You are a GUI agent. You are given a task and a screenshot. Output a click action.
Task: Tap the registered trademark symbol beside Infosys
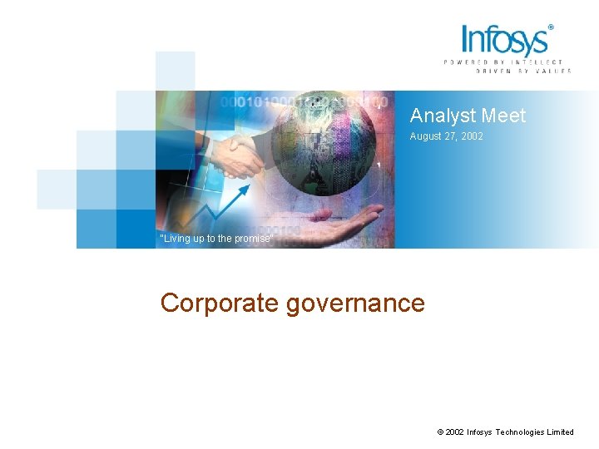point(551,27)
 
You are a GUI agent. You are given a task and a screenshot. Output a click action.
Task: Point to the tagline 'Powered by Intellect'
point(502,62)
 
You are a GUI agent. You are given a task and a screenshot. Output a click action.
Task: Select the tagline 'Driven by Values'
point(523,72)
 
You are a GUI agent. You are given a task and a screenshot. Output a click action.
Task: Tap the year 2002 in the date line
point(472,136)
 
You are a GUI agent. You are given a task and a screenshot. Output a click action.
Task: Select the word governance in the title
point(355,303)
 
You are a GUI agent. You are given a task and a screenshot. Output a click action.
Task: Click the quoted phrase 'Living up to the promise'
point(216,239)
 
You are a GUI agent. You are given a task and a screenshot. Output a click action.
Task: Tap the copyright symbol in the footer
point(439,432)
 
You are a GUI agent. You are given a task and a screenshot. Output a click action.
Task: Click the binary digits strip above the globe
point(304,101)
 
